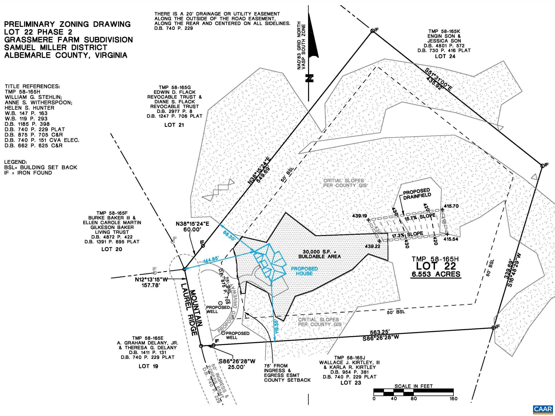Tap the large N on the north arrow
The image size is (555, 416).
coord(309,78)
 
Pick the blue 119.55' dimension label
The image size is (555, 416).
coord(277,326)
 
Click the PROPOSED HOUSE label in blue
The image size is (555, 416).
coord(304,271)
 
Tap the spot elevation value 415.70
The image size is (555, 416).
coord(451,206)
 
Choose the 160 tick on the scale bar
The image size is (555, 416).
coord(453,399)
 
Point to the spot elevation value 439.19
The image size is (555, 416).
coord(360,216)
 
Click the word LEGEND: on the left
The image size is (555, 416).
coord(15,162)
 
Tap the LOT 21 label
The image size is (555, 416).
coord(174,125)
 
